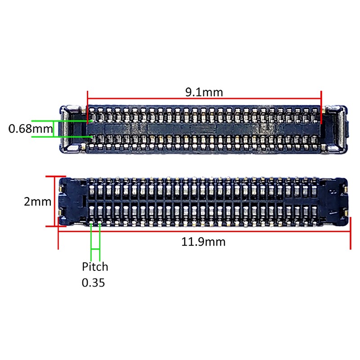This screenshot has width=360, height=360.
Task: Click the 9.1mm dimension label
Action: click(x=204, y=92)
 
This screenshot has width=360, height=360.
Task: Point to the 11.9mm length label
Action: click(x=203, y=242)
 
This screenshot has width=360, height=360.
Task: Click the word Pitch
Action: click(x=95, y=267)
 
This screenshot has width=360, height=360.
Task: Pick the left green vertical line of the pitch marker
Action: click(x=91, y=238)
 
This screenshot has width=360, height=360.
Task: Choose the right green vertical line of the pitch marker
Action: click(x=99, y=238)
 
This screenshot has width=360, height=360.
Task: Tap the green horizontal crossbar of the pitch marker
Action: click(x=95, y=249)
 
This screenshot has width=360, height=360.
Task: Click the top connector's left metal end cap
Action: click(x=72, y=129)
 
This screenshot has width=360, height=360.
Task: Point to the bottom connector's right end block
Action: click(x=335, y=201)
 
